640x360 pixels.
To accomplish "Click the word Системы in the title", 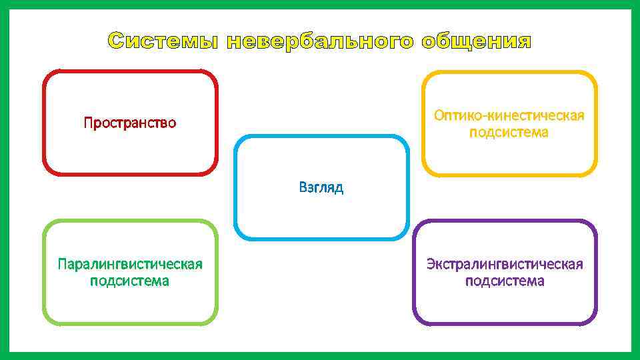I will point(164,41).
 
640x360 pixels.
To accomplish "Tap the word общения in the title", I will point(477,42).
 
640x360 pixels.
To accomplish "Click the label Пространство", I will point(130,123).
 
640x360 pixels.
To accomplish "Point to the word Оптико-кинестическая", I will point(509,116).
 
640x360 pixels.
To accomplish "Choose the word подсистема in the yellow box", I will point(509,133).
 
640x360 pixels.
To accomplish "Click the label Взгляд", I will point(321,187).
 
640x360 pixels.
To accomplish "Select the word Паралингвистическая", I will point(130,265).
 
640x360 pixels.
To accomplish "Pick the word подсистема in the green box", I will point(130,281).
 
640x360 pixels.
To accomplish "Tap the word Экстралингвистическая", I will point(505,265).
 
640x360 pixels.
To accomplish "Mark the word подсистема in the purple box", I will point(505,281).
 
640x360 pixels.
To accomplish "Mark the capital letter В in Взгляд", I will point(303,187).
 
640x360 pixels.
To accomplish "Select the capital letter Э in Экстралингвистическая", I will point(431,265).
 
